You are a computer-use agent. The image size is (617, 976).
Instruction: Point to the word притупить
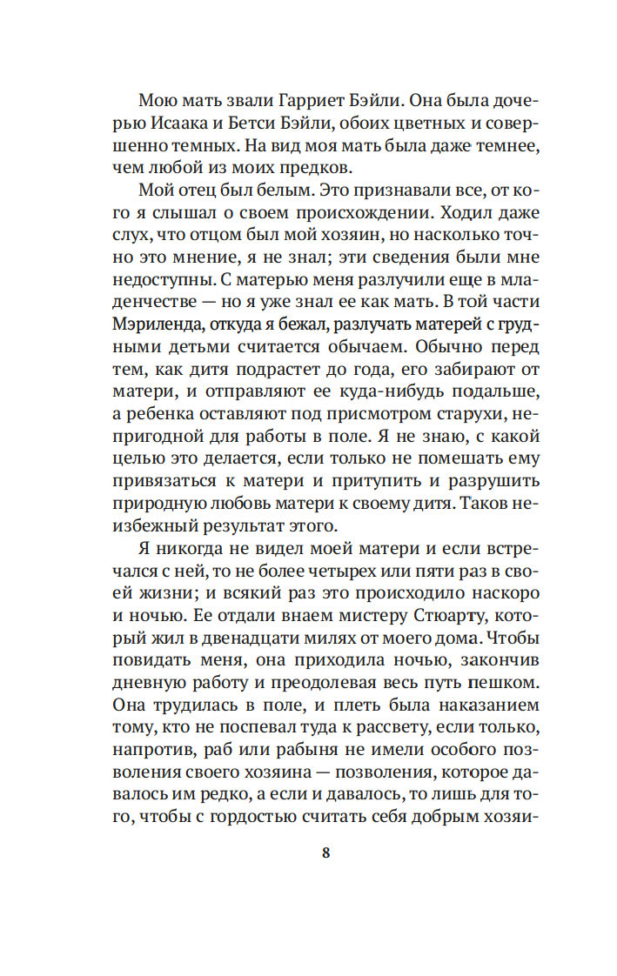pos(357,481)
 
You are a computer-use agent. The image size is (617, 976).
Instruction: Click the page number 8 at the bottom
pos(325,852)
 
